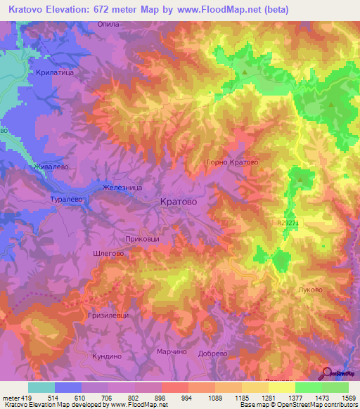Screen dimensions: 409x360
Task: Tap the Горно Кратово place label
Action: [x=231, y=162]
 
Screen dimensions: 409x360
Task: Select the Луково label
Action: [x=310, y=290]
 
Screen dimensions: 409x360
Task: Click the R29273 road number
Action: [x=289, y=223]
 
